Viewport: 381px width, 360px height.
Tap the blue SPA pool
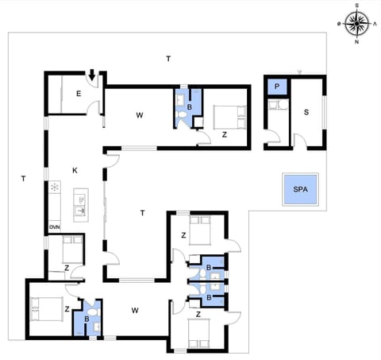click(300, 190)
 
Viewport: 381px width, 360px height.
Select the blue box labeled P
click(277, 87)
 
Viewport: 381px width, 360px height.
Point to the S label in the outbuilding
click(306, 113)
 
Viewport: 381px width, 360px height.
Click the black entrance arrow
click(92, 76)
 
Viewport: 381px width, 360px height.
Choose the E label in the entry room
click(79, 94)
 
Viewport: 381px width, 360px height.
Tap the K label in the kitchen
click(75, 170)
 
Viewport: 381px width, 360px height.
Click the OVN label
click(54, 227)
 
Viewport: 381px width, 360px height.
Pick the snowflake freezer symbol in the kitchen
click(55, 188)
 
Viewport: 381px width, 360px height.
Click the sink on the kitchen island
click(79, 211)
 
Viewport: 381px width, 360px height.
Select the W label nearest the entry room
click(139, 116)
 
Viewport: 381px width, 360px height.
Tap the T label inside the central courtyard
click(142, 212)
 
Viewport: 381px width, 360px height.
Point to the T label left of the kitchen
click(23, 179)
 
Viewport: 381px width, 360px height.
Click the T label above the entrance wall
click(167, 59)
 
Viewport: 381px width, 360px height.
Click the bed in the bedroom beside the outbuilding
click(230, 116)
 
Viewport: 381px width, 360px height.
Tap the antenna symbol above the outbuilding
click(298, 72)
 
